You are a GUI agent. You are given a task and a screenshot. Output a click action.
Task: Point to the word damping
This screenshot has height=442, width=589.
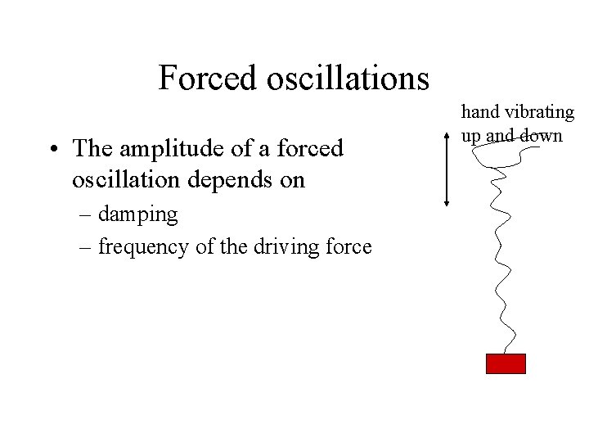click(137, 214)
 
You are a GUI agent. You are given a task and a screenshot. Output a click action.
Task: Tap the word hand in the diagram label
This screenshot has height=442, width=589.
click(479, 112)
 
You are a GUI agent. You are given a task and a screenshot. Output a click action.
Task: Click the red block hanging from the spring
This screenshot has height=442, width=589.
click(506, 363)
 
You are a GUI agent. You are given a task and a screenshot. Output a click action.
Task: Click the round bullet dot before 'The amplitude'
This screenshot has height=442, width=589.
click(52, 151)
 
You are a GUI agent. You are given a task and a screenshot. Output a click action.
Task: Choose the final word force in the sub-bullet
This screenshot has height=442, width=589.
click(351, 246)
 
